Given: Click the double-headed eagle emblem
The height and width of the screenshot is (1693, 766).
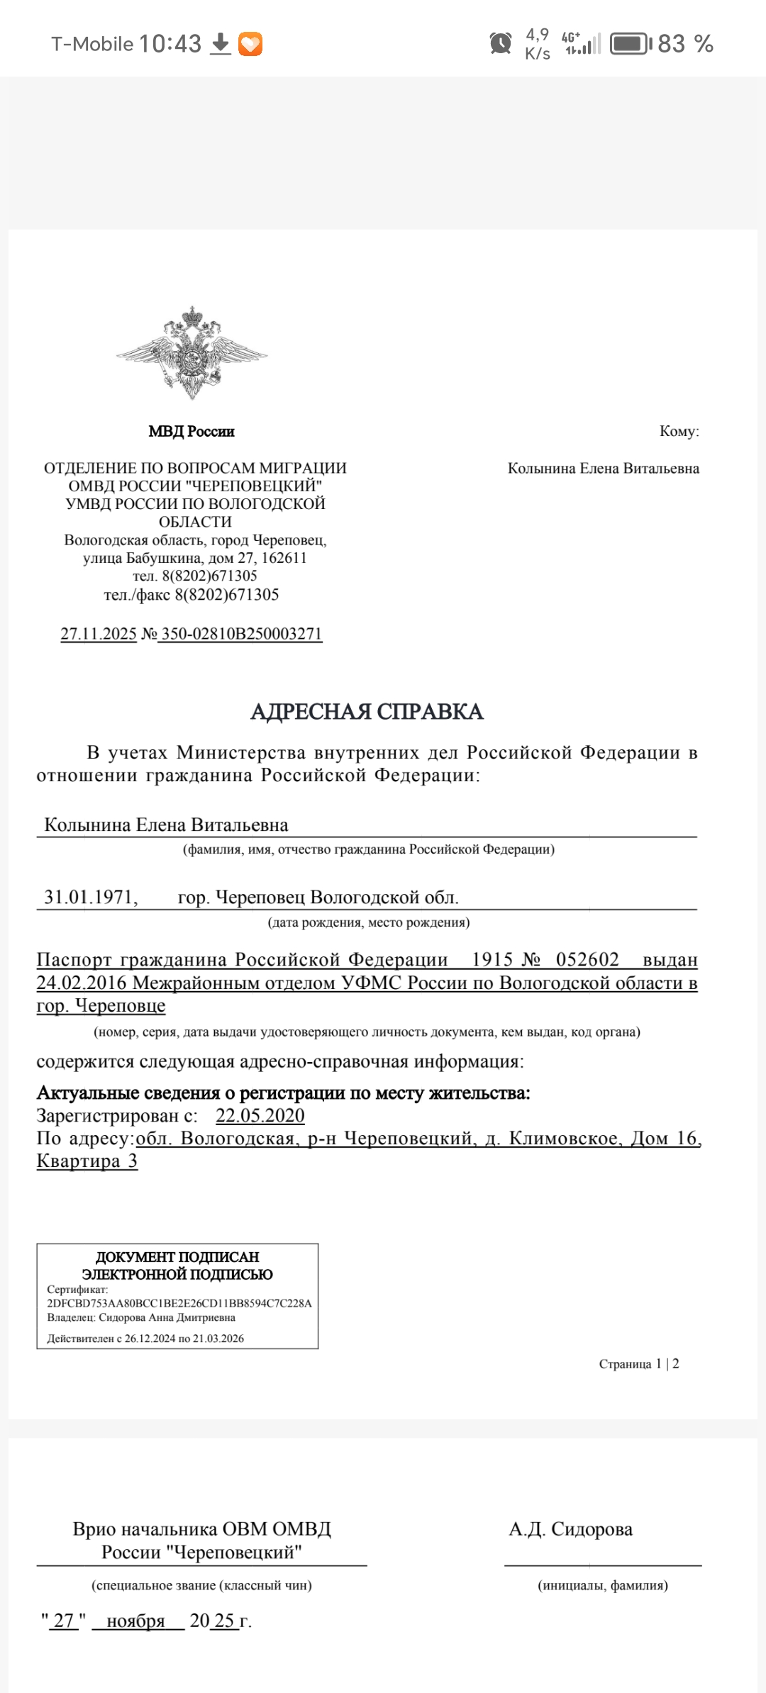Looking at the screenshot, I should click(x=191, y=352).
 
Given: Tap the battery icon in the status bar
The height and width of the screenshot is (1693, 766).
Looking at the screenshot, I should click(x=631, y=44).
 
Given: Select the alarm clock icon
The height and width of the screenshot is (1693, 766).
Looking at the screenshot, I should click(x=501, y=43).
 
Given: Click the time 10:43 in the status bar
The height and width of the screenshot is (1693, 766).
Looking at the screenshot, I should click(x=170, y=44).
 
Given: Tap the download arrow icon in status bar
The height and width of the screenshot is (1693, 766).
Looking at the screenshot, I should click(x=221, y=43).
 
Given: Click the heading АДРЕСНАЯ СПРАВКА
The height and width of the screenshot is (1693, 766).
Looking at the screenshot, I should click(x=367, y=712).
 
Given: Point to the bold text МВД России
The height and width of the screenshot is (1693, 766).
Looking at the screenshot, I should click(x=191, y=431).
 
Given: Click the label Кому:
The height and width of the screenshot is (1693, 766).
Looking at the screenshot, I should click(x=679, y=431).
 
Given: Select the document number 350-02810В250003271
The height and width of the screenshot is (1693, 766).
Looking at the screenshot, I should click(x=241, y=634).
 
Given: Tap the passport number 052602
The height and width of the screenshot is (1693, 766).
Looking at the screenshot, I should click(x=587, y=960).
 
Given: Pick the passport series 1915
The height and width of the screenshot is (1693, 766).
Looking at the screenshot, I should click(x=492, y=960).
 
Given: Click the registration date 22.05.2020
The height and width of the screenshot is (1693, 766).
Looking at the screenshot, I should click(x=260, y=1116).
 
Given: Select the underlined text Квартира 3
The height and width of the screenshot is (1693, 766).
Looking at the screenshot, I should click(x=87, y=1161).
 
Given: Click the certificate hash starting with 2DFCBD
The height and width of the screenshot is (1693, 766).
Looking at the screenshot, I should click(x=179, y=1303).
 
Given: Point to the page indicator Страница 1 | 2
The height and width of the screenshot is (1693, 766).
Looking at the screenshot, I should click(x=639, y=1363).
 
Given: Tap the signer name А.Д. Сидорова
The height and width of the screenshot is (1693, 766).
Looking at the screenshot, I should click(x=570, y=1529).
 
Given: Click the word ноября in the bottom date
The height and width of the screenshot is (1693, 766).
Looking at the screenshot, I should click(x=135, y=1621).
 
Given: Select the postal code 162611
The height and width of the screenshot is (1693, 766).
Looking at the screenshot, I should click(x=284, y=558).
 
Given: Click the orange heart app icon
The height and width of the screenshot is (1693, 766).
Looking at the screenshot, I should click(x=250, y=44).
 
